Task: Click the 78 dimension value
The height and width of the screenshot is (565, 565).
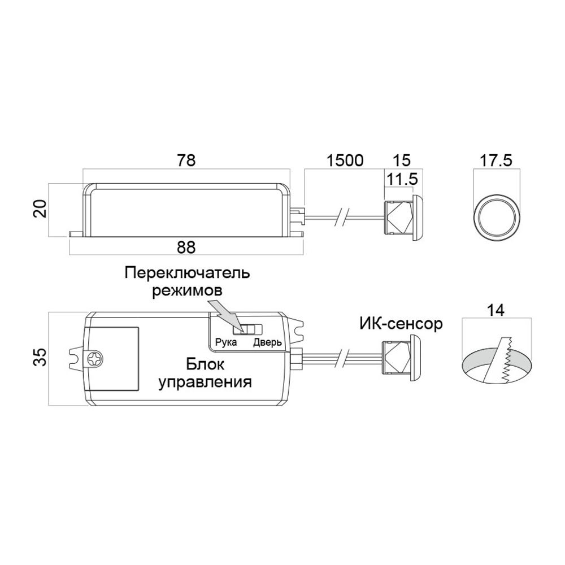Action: tap(186, 160)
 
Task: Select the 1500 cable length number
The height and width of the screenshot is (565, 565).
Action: tap(345, 160)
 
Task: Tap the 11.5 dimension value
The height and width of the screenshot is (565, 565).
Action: tap(401, 179)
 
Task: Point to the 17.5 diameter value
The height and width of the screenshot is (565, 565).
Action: tap(496, 160)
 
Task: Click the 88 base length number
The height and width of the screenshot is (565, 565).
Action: tap(186, 247)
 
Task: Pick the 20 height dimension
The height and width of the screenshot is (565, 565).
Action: tap(40, 208)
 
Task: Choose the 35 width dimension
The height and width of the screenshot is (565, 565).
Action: tap(40, 357)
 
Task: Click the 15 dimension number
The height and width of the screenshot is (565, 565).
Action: tap(401, 160)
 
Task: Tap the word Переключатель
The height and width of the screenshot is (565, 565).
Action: tap(187, 273)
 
